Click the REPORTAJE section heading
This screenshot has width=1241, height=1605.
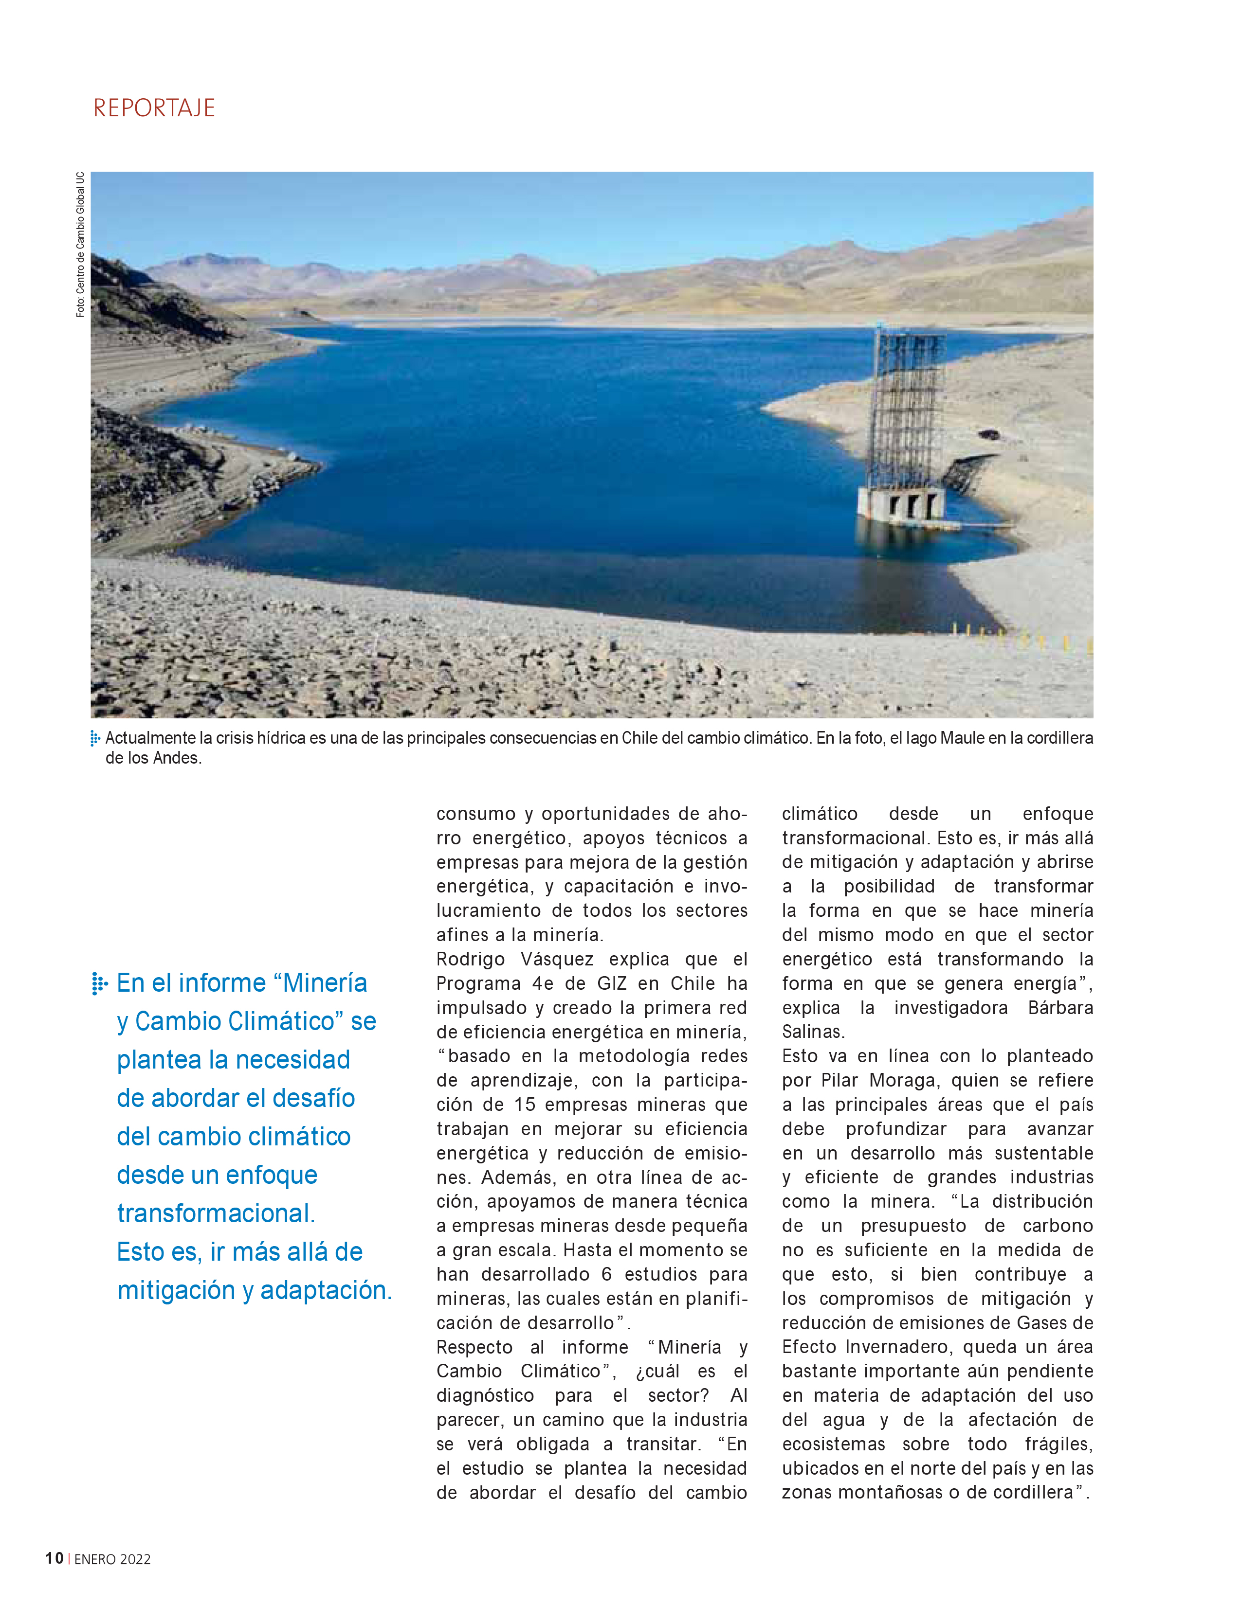(154, 108)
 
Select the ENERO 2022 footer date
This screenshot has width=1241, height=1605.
(112, 1559)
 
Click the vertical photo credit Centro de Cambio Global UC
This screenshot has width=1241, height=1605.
(80, 245)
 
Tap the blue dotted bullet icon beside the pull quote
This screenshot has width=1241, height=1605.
(99, 983)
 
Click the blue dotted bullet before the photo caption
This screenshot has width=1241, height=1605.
(95, 738)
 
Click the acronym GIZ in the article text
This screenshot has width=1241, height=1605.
(612, 983)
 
